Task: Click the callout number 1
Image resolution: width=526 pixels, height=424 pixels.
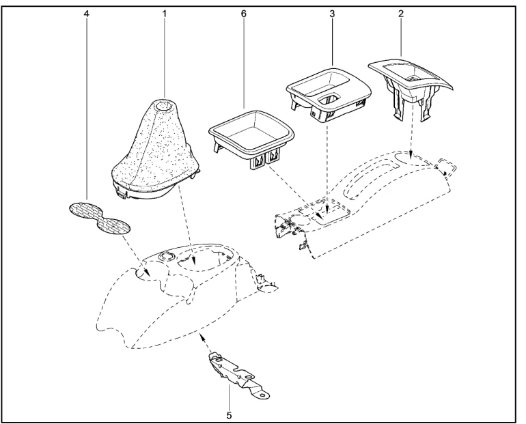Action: (x=164, y=14)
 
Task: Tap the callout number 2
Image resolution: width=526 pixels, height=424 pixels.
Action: (x=400, y=14)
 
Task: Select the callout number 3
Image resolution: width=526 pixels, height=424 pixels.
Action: (x=331, y=14)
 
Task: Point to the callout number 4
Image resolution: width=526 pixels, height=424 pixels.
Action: (x=87, y=14)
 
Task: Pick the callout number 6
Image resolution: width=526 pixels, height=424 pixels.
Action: (x=244, y=14)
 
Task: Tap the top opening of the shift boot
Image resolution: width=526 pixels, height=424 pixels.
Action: (x=164, y=106)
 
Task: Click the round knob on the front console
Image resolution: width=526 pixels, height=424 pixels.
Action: (x=165, y=256)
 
